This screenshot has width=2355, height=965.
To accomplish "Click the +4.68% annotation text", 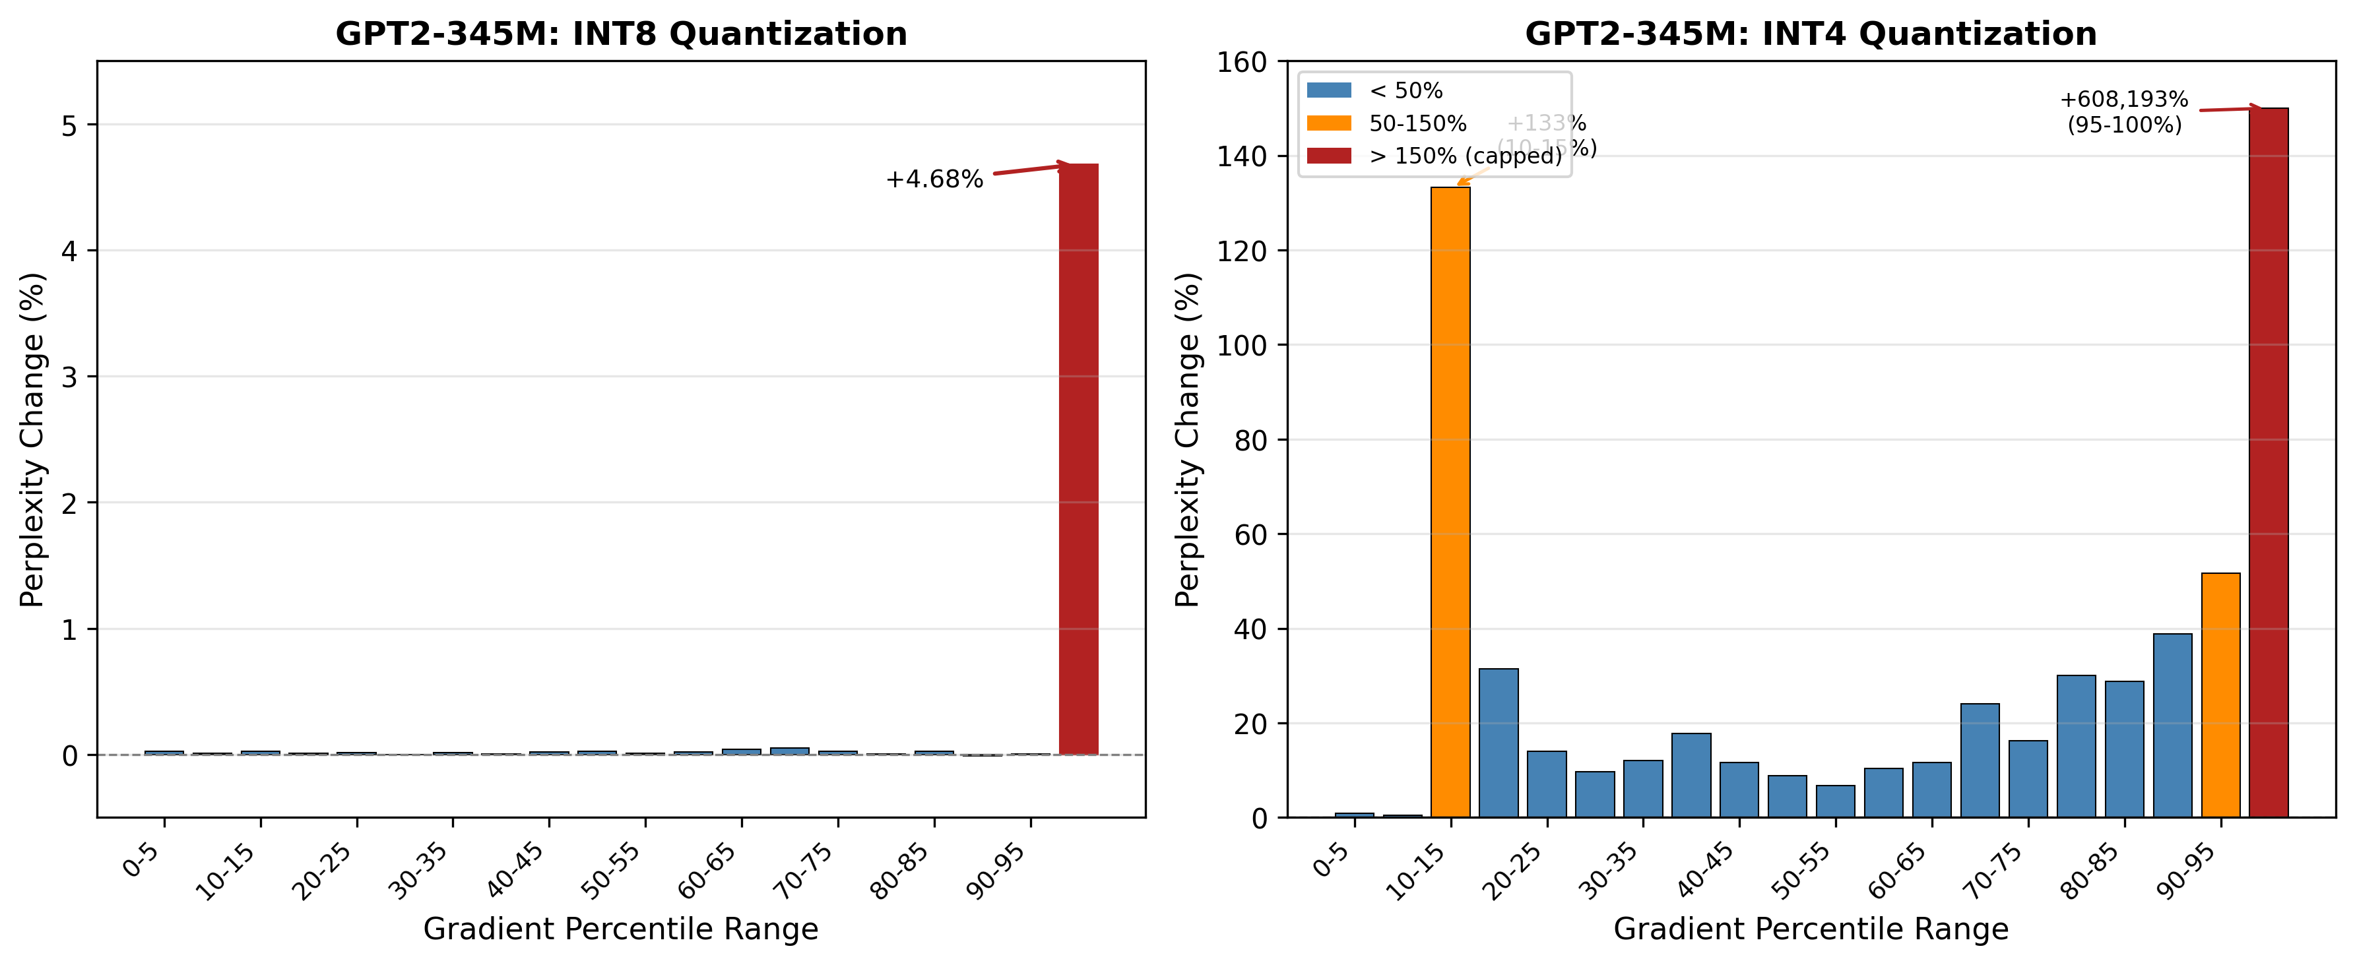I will point(934,179).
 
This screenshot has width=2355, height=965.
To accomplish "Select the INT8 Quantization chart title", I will point(621,34).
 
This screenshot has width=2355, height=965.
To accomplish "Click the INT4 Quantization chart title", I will point(1810,34).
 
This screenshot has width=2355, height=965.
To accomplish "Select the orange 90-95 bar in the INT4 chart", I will point(2220,695).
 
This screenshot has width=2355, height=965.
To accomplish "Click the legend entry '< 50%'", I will point(1405,90).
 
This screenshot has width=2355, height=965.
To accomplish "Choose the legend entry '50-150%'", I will point(1417,123).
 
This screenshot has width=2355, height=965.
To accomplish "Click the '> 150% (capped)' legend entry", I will point(1465,156).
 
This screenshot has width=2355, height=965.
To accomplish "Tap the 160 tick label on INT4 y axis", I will point(1241,62).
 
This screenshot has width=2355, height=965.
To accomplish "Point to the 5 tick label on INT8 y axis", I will point(69,125).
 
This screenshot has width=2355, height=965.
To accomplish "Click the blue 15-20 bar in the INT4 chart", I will point(1499,742).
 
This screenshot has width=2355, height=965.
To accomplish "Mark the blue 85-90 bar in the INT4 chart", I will point(2172,725).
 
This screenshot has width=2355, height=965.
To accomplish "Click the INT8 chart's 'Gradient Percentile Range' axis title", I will point(621,929).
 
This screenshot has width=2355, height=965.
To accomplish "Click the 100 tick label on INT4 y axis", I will point(1241,346).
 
